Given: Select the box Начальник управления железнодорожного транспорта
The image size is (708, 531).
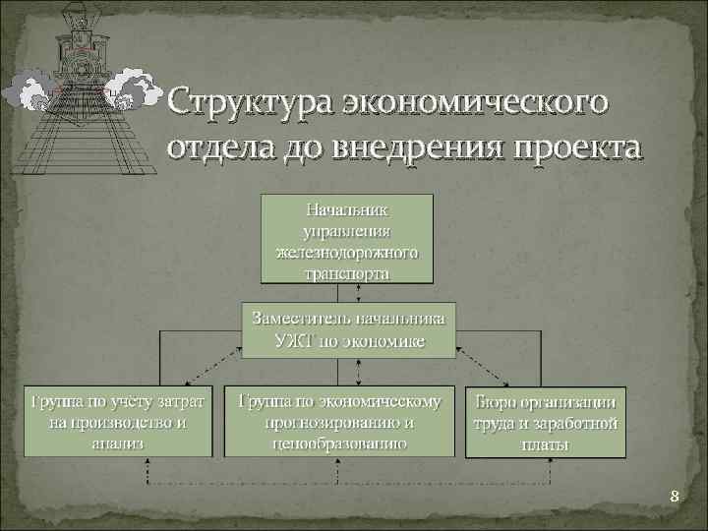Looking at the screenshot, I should coord(347,240).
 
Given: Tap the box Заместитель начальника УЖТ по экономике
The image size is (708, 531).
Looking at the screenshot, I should coord(349,329).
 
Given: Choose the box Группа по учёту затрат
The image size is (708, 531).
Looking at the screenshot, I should coord(118,421).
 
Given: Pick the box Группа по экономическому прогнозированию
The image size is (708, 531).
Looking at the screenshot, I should coord(339,421).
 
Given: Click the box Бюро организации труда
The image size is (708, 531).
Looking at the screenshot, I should coord(546,422).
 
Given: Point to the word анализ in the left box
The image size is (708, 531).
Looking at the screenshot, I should coord(118,442).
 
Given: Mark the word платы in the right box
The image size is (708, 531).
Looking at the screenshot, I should coord(546,443).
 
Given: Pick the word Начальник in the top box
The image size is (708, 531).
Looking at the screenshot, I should coord(347,209).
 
